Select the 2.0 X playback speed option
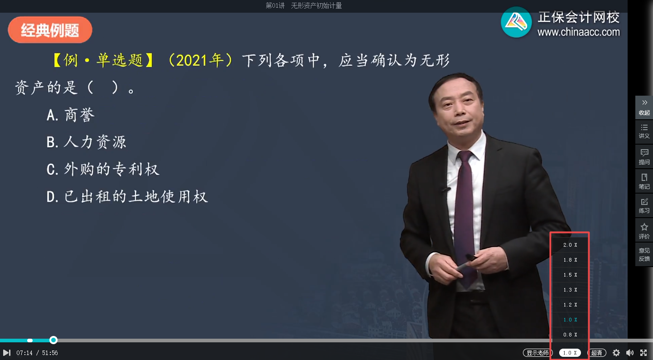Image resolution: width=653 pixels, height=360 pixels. (x=570, y=245)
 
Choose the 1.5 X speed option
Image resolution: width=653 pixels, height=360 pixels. (x=570, y=275)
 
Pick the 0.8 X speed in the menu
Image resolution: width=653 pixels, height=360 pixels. (x=570, y=335)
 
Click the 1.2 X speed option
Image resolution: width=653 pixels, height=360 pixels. (x=570, y=305)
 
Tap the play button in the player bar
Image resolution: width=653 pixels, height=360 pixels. (x=6, y=353)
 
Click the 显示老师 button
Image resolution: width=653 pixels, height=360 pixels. (x=537, y=353)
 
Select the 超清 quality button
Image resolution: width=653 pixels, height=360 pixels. (x=597, y=353)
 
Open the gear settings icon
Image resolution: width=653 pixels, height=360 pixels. (x=616, y=353)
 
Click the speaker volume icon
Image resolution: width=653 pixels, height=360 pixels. (x=630, y=353)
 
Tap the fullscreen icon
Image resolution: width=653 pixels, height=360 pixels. (x=643, y=353)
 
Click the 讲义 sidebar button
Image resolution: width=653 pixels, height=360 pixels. (x=644, y=131)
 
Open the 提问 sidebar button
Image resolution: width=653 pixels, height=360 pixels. (x=644, y=156)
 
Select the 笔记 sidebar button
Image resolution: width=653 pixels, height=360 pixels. (x=644, y=181)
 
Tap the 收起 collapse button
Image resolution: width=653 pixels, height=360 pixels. (x=644, y=107)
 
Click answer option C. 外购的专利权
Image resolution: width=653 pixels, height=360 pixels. (x=103, y=170)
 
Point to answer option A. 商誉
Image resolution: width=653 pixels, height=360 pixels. (x=71, y=115)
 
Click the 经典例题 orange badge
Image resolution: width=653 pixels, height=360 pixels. (x=50, y=30)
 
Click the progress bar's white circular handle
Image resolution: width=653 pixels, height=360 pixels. (x=53, y=340)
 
